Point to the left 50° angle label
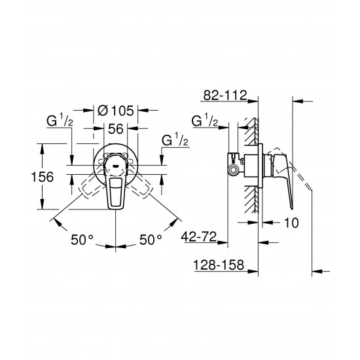(84, 240)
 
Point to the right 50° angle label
(150, 240)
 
